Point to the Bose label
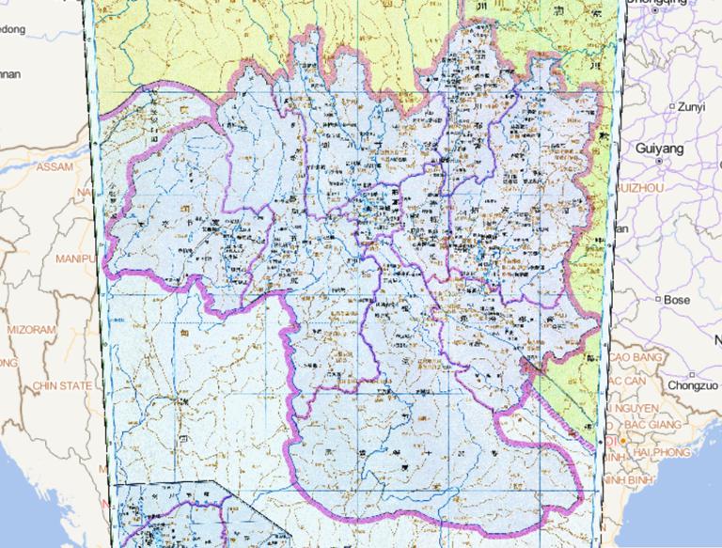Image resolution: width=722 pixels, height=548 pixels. coord(677,300)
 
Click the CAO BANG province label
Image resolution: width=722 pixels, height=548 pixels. coord(636,358)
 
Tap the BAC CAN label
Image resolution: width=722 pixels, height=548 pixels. coord(634,380)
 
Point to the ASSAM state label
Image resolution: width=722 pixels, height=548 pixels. coord(54,166)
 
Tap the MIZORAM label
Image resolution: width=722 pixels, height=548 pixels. coord(31,330)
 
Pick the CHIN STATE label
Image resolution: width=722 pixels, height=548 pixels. coord(63,385)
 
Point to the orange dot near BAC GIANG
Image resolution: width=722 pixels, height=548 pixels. coord(623,440)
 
